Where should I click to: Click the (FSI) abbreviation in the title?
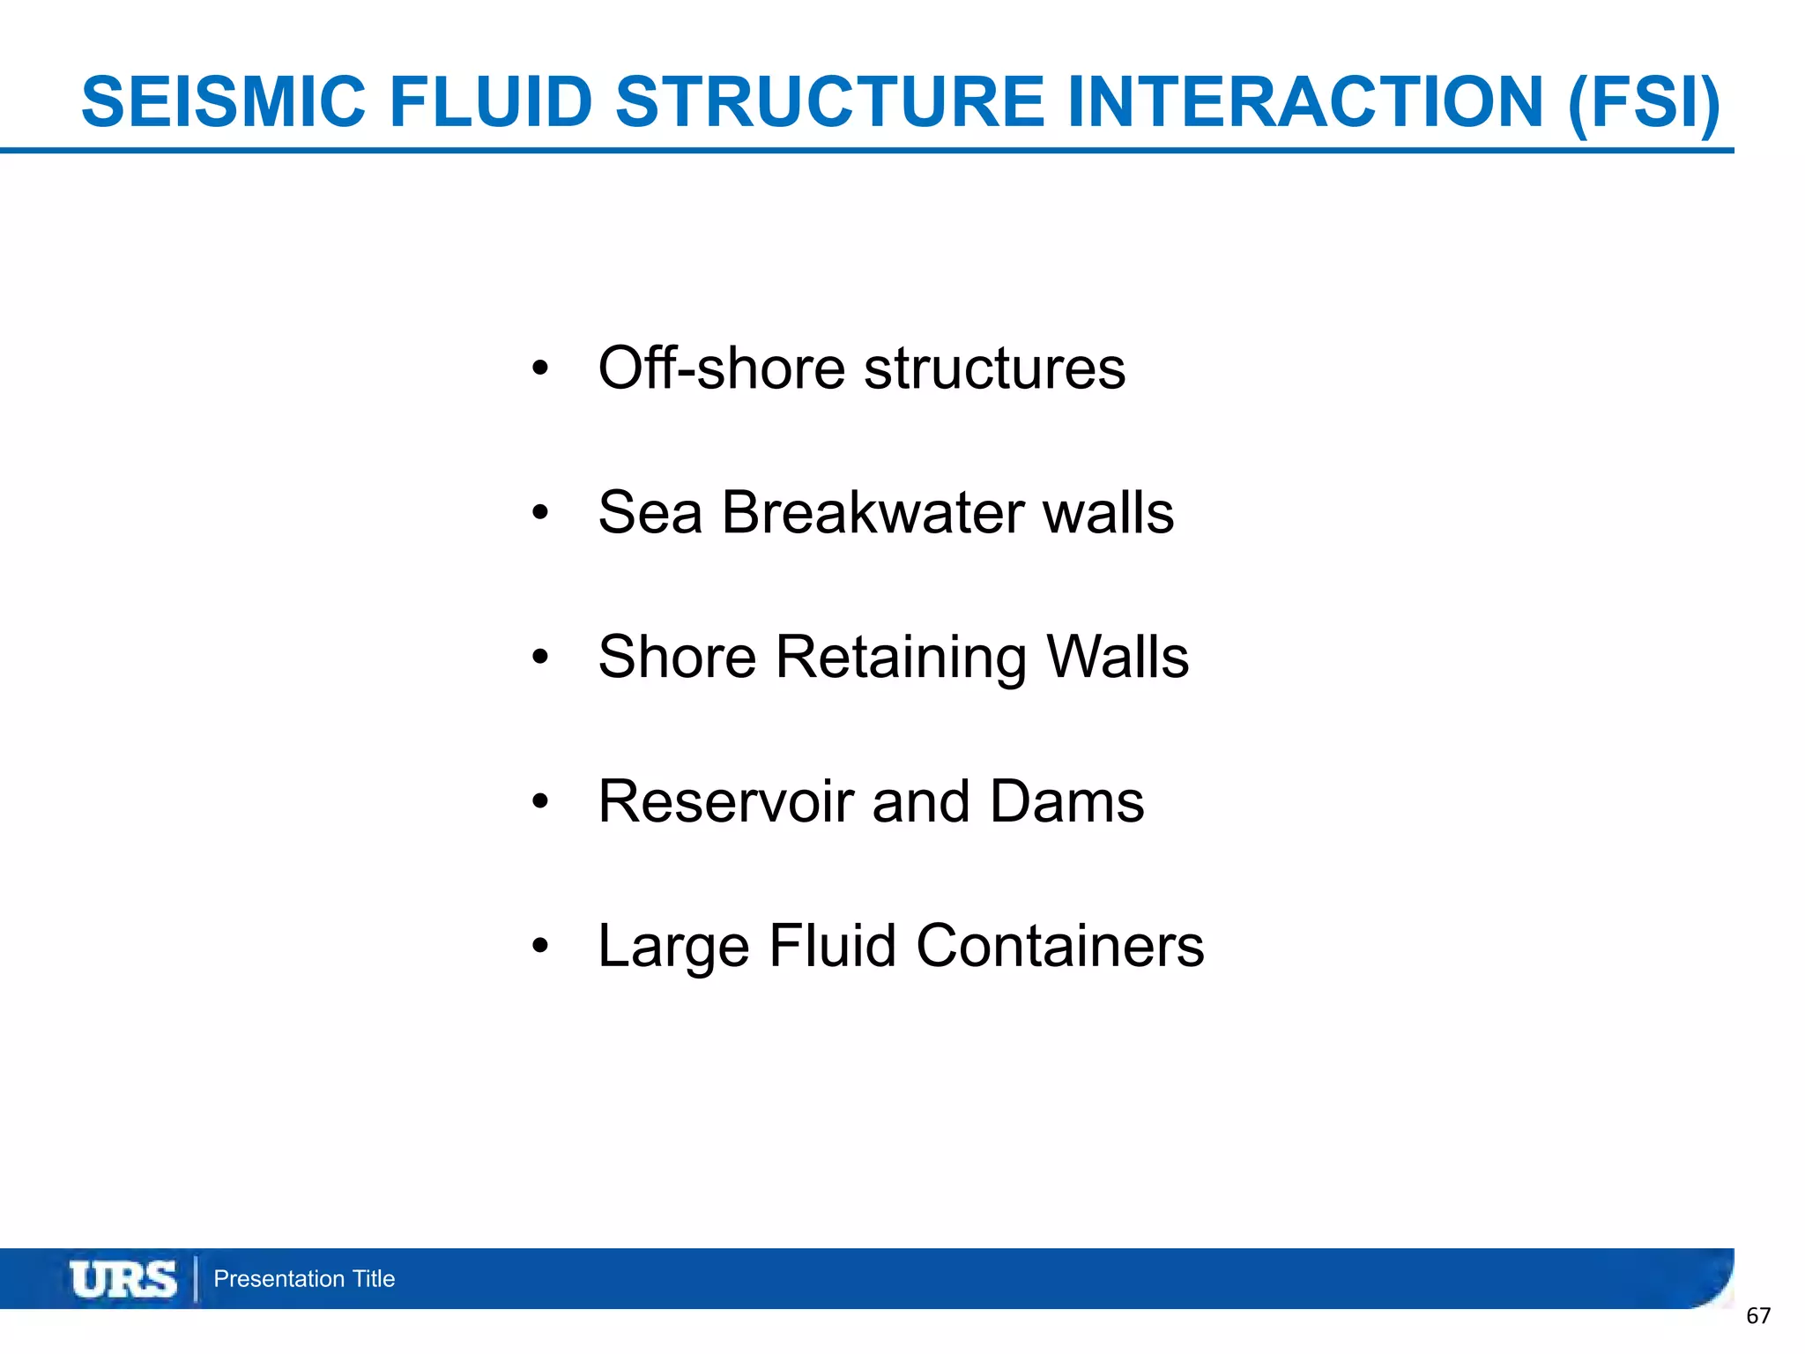[1644, 103]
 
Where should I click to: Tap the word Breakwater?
[873, 512]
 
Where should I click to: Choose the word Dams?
[1066, 801]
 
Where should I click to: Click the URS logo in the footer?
[123, 1279]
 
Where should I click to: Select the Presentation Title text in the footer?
[304, 1279]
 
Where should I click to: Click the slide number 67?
[1758, 1316]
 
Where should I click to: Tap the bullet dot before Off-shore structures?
[540, 368]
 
